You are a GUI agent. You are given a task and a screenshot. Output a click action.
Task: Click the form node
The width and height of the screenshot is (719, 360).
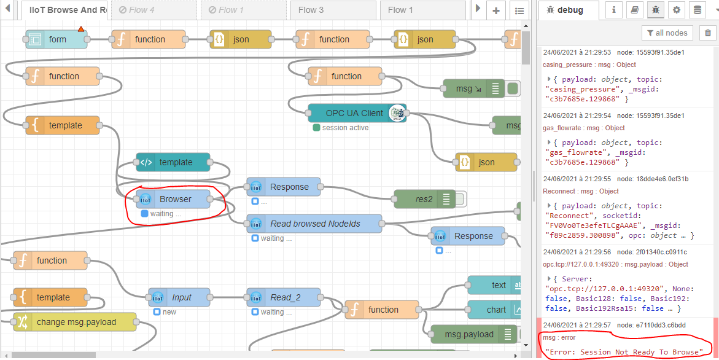tap(56, 39)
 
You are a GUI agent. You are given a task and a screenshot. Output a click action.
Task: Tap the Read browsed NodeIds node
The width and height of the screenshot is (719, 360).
tap(314, 224)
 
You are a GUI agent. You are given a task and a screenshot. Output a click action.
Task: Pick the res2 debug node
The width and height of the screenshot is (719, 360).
tap(424, 199)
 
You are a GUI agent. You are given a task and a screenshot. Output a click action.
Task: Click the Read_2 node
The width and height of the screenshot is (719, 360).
tap(286, 297)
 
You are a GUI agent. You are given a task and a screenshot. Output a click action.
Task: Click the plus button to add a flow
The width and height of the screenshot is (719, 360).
tap(496, 10)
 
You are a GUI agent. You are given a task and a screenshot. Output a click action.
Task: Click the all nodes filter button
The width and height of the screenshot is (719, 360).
tap(667, 33)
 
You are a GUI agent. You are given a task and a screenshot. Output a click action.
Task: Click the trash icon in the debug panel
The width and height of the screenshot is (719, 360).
tap(708, 33)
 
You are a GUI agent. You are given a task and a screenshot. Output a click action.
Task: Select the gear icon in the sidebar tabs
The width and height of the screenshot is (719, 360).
tap(676, 10)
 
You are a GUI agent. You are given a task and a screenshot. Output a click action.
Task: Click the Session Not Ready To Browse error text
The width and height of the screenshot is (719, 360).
tap(624, 352)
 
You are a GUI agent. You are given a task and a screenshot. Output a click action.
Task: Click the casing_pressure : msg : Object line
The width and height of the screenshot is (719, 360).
tap(589, 65)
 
